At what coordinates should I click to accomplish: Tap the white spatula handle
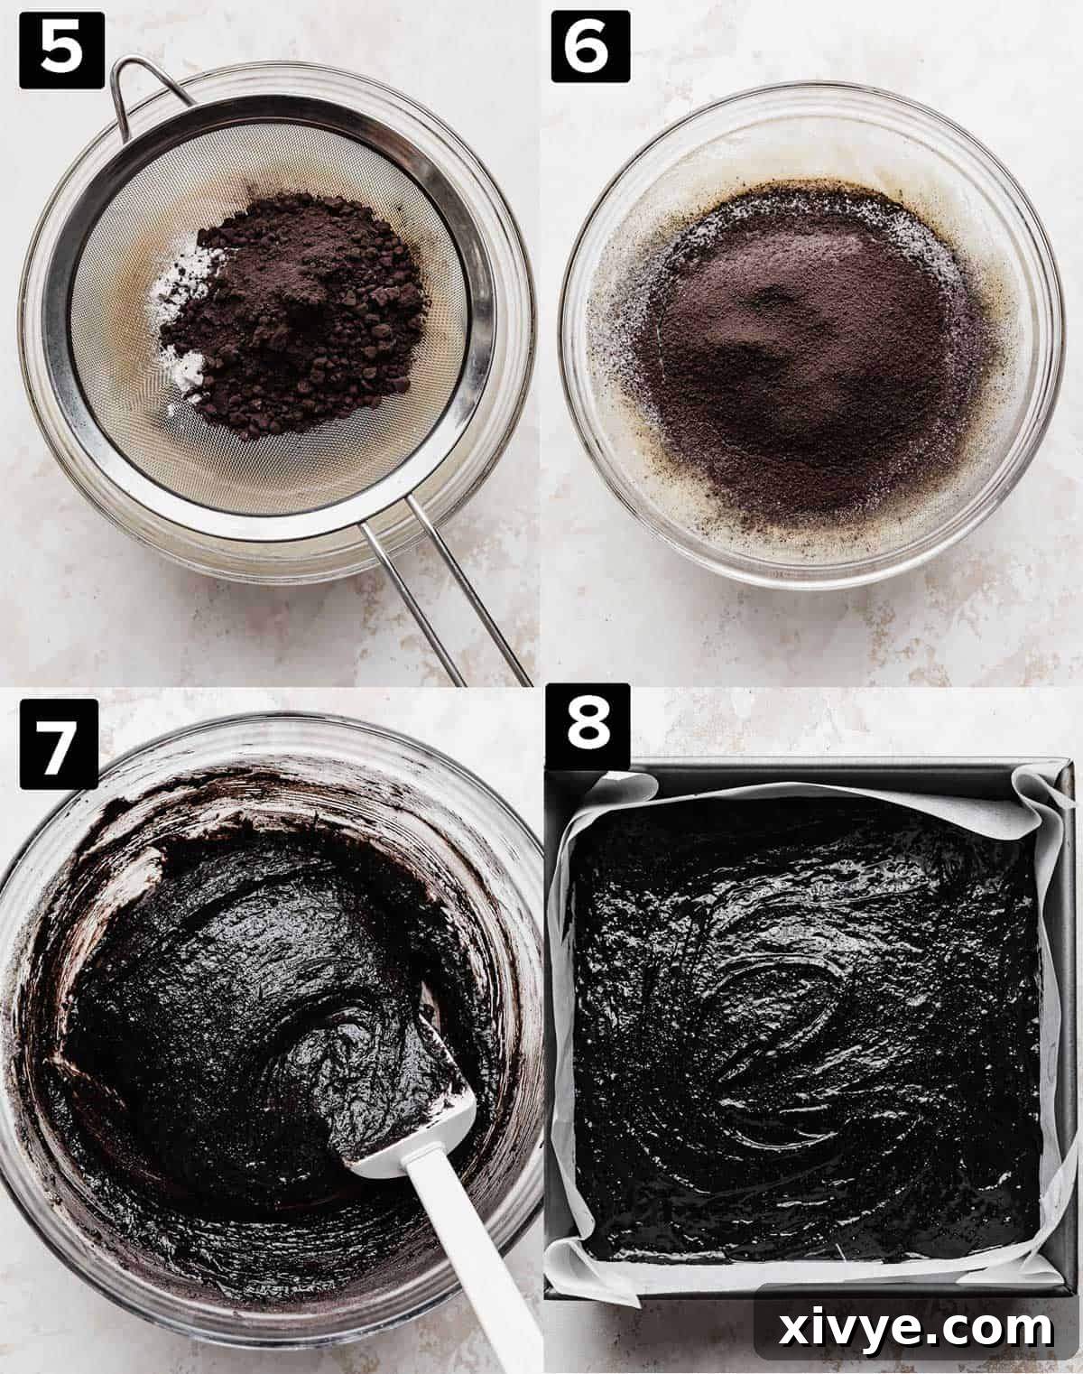[x=469, y=1264]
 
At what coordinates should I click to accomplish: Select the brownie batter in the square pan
[x=803, y=1038]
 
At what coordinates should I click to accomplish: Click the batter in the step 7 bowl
[x=226, y=993]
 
